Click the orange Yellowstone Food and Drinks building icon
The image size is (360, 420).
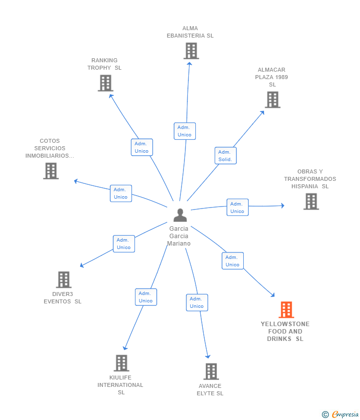pos(286,310)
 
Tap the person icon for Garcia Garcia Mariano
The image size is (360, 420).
pos(180,215)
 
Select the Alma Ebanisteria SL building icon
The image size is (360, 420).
pos(191,51)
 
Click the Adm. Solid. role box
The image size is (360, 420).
pos(225,156)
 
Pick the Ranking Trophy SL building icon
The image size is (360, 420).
pos(105,83)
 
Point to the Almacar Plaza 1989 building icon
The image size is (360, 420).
pos(272,100)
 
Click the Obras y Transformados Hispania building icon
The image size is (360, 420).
pos(311,202)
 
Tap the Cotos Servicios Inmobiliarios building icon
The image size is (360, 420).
pos(51,171)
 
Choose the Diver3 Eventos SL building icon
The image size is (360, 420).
pos(64,280)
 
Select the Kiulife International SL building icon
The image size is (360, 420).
pos(122,363)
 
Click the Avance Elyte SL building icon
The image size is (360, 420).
pos(211,372)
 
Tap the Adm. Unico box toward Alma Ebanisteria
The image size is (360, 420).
pos(184,131)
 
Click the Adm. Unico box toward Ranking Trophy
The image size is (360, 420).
pos(142,147)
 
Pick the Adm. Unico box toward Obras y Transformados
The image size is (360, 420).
pos(237,208)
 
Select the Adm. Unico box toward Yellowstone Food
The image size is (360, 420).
pos(233,260)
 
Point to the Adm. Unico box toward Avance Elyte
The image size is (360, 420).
pos(197,302)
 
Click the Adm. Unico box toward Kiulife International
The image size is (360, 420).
pos(146,297)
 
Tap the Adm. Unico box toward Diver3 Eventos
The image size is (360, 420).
pos(124,244)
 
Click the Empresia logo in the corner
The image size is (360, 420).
pos(340,414)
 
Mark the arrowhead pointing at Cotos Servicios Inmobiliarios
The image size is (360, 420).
pos(76,181)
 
